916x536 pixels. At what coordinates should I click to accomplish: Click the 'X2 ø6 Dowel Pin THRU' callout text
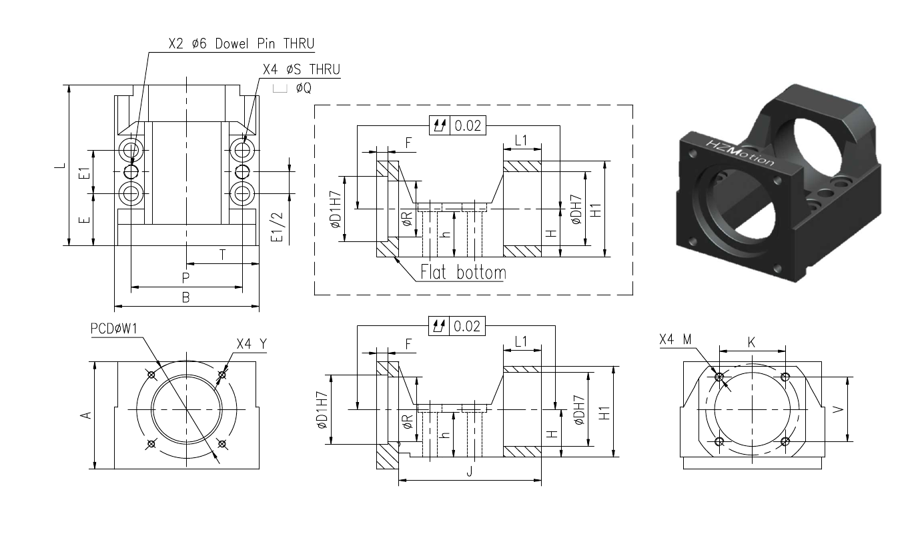pos(242,43)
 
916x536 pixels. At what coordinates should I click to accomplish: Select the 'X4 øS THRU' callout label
pos(302,69)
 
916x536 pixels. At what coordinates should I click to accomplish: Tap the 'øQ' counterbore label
pos(304,88)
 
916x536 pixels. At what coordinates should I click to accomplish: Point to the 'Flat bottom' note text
pos(463,272)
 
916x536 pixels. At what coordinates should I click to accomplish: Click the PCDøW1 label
pos(114,329)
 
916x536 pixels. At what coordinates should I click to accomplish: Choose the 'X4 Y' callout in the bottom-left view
pos(252,344)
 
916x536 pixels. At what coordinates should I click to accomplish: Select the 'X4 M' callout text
pos(675,339)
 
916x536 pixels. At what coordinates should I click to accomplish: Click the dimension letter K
pos(751,343)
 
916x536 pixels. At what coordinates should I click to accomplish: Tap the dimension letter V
pos(839,409)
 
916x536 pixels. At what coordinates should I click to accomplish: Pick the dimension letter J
pos(470,471)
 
